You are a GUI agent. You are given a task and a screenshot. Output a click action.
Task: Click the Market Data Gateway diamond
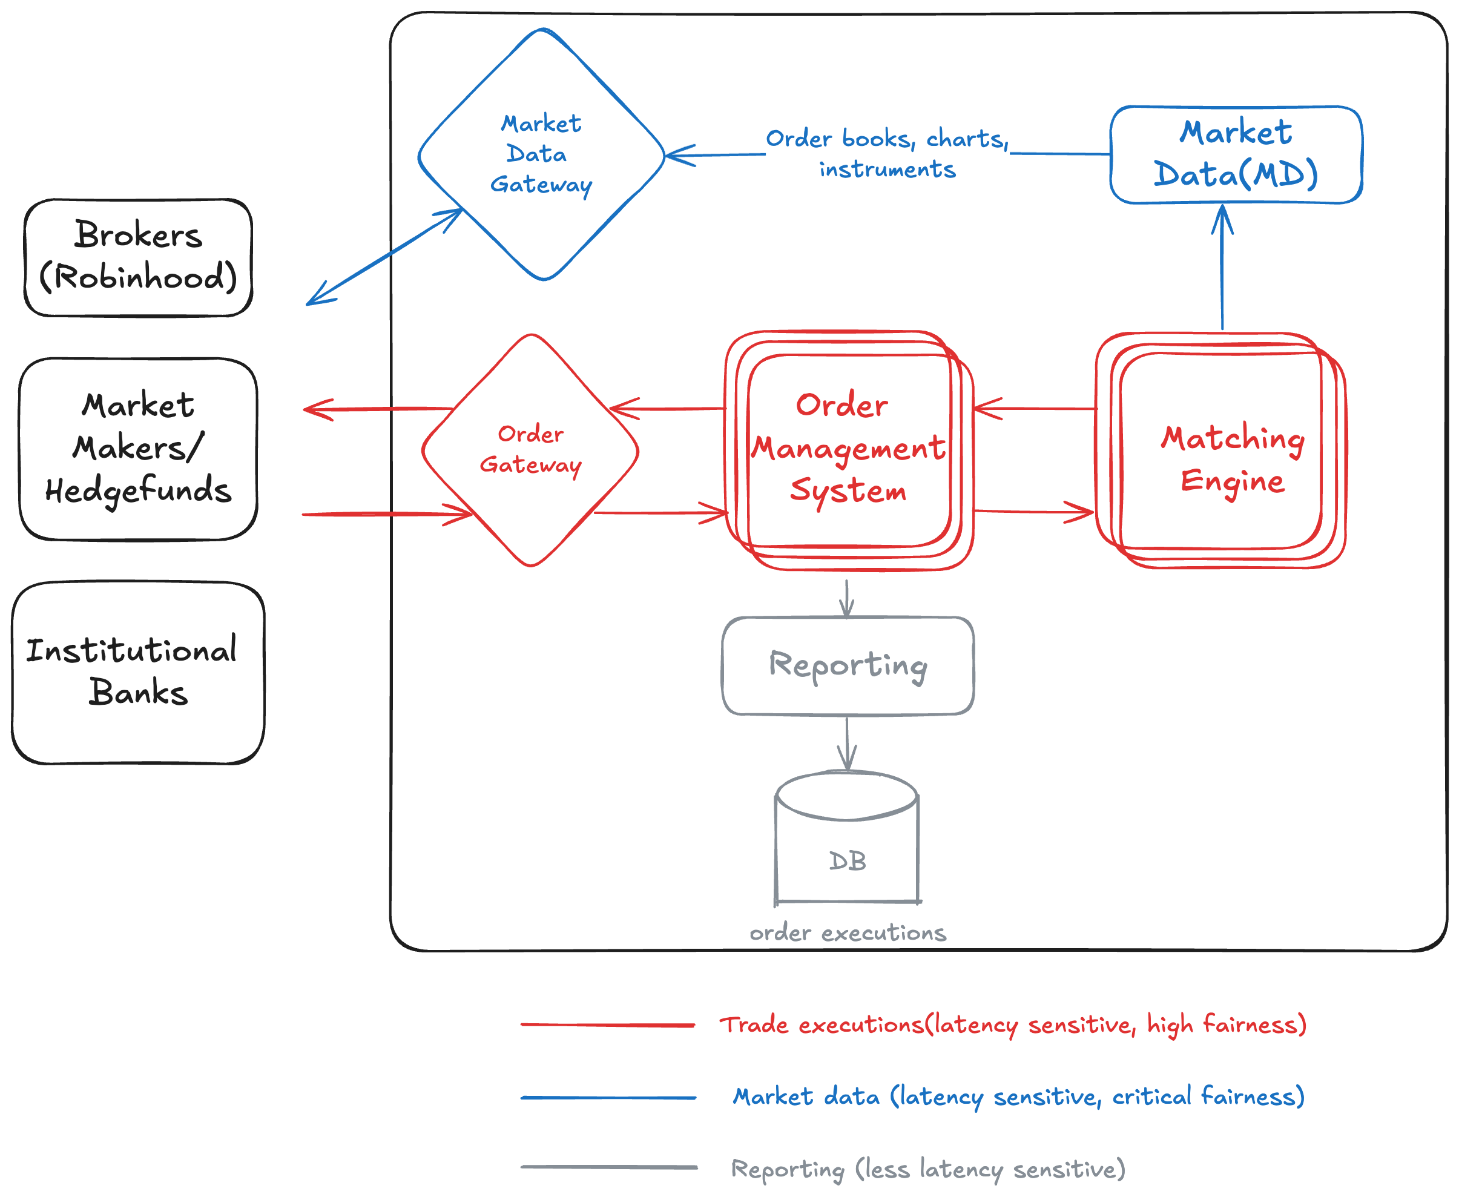(x=541, y=154)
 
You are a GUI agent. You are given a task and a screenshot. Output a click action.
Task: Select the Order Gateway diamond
(x=530, y=450)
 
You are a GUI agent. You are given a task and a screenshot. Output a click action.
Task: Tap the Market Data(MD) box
(x=1236, y=154)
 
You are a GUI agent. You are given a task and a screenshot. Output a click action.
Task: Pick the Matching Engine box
(x=1221, y=452)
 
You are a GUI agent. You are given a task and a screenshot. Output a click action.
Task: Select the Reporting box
(x=848, y=665)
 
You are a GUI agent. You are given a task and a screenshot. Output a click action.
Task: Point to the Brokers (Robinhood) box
(x=138, y=257)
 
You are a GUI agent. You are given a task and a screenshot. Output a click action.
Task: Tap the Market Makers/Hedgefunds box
(x=138, y=448)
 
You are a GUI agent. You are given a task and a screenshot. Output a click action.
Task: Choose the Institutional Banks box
(x=138, y=672)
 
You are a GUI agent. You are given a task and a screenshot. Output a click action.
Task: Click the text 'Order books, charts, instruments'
(x=888, y=154)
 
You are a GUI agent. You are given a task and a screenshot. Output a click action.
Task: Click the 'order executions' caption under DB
(x=848, y=933)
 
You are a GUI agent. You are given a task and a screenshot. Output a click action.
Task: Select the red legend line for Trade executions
(x=607, y=1025)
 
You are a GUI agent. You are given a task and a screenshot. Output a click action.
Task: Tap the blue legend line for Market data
(x=607, y=1097)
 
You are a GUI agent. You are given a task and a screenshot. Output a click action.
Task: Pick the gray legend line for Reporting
(x=607, y=1167)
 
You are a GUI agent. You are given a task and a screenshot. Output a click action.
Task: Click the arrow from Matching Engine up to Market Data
(x=1222, y=269)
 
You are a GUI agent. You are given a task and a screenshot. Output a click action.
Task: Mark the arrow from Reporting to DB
(x=847, y=743)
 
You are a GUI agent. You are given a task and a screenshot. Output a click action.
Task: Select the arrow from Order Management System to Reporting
(x=847, y=597)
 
